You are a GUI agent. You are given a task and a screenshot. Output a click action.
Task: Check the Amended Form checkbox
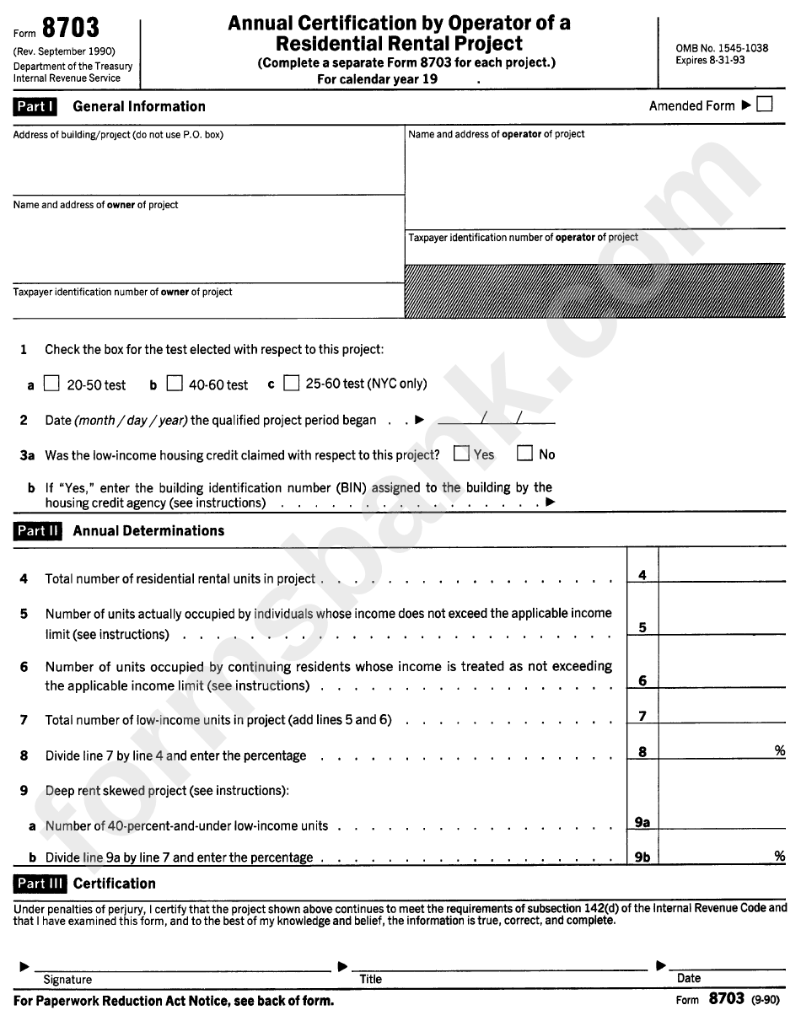[x=765, y=105]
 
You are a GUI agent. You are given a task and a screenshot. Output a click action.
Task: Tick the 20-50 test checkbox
[x=52, y=384]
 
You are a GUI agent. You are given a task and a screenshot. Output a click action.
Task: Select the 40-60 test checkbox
[x=175, y=384]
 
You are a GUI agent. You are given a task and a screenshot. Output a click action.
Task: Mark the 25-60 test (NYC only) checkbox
[x=292, y=384]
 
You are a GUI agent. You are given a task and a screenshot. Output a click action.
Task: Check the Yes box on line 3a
[x=461, y=454]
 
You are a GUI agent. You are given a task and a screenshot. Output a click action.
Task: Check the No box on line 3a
[x=524, y=454]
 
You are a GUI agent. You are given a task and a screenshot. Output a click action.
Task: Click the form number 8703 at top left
[x=71, y=29]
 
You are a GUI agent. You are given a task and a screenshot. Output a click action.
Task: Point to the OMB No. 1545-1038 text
[x=722, y=48]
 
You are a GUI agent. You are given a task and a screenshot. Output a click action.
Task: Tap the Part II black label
[x=38, y=530]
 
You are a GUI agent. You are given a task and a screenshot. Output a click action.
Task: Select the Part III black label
[x=40, y=884]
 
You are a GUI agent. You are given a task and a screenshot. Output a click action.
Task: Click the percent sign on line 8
[x=779, y=750]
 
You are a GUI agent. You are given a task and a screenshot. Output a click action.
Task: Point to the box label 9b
[x=642, y=857]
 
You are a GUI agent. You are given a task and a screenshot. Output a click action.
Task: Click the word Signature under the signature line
[x=67, y=980]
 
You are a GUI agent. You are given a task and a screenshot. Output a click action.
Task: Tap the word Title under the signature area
[x=371, y=979]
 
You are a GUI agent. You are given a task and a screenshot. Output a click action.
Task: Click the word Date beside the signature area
[x=689, y=978]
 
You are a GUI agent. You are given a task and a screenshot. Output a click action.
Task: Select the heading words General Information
[x=139, y=106]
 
